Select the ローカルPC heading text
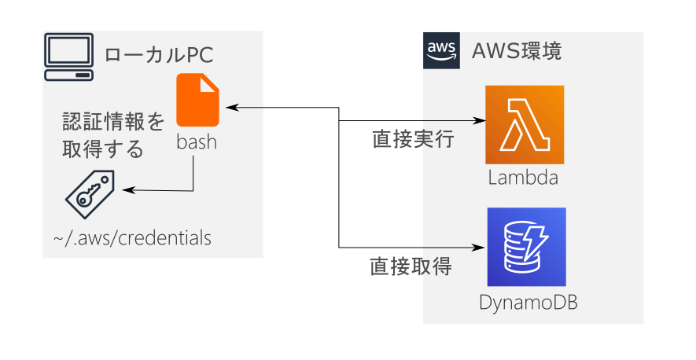(x=159, y=55)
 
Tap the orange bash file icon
(x=197, y=100)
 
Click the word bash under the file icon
(x=197, y=144)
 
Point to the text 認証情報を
(x=114, y=122)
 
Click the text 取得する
(x=102, y=149)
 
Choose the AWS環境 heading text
(x=516, y=52)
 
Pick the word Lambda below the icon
(x=523, y=178)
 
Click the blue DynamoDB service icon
(x=526, y=247)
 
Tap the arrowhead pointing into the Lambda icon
(x=480, y=121)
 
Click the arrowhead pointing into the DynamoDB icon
(x=480, y=247)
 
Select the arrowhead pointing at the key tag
(x=126, y=190)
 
